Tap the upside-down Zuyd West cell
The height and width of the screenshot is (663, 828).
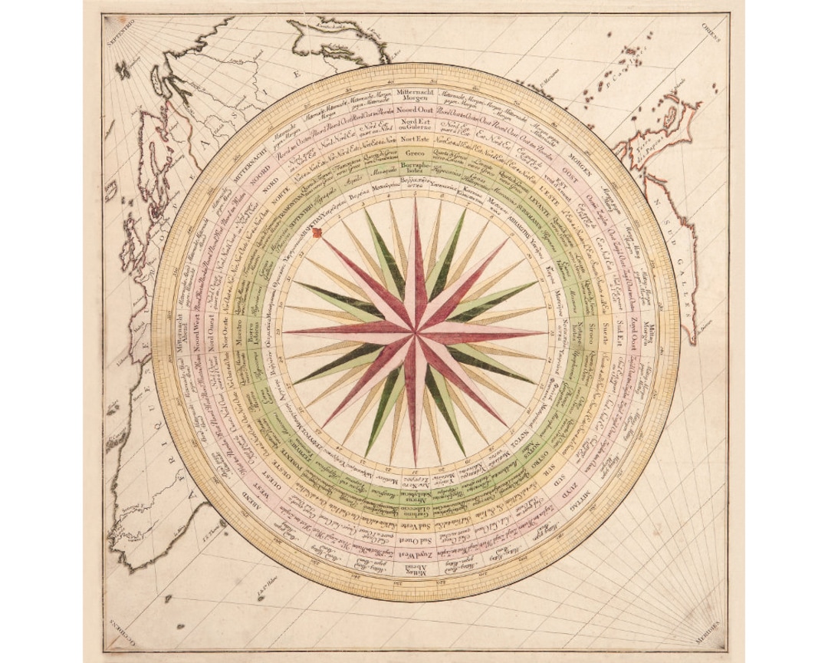coord(415,552)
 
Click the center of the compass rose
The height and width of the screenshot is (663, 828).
coord(415,331)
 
